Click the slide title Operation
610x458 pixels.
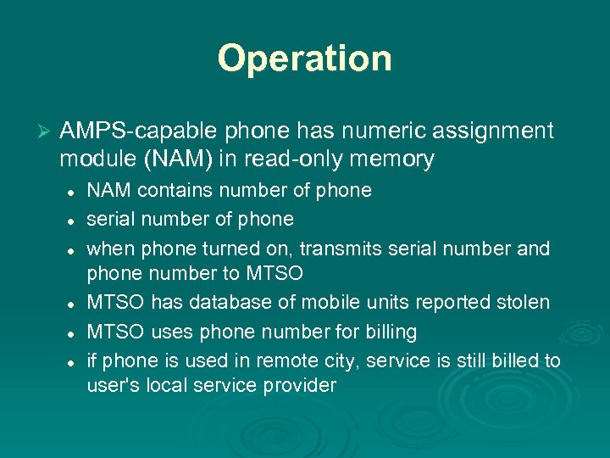click(305, 59)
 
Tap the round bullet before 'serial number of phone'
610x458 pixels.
click(74, 221)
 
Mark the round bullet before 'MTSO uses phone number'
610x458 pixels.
click(74, 332)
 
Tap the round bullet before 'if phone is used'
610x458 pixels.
click(74, 362)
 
